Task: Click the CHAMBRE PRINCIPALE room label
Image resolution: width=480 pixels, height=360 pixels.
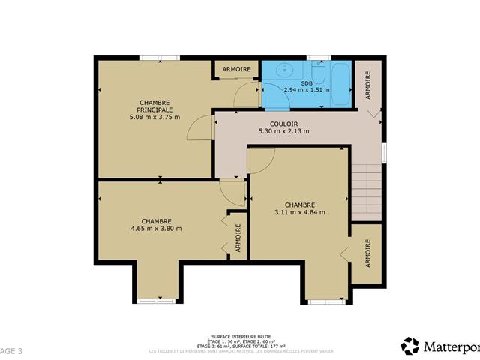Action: (154, 106)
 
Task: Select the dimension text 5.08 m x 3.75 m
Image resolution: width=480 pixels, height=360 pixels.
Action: (154, 117)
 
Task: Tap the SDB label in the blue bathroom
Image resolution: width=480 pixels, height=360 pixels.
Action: (307, 82)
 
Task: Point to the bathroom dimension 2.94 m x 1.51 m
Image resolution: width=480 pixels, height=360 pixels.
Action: (307, 90)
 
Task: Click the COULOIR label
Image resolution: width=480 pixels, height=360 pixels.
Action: (283, 124)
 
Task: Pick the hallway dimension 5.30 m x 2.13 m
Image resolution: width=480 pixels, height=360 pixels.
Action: (283, 131)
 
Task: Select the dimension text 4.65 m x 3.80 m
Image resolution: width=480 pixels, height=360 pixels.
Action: (156, 228)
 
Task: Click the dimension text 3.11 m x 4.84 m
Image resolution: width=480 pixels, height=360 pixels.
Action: (299, 212)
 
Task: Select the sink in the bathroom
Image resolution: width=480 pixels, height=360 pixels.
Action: (284, 71)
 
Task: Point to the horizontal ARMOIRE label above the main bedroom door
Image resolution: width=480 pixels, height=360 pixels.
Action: (237, 70)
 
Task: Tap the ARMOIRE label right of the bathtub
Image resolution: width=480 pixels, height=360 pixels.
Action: (367, 85)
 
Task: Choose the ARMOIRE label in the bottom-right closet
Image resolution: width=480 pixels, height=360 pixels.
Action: (367, 253)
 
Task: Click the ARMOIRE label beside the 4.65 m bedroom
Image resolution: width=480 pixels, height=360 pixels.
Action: (238, 238)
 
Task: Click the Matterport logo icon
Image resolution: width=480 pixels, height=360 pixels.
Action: (410, 346)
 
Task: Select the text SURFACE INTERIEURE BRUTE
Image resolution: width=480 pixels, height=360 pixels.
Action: (242, 337)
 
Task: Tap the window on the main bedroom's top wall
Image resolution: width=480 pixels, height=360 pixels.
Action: (159, 57)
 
